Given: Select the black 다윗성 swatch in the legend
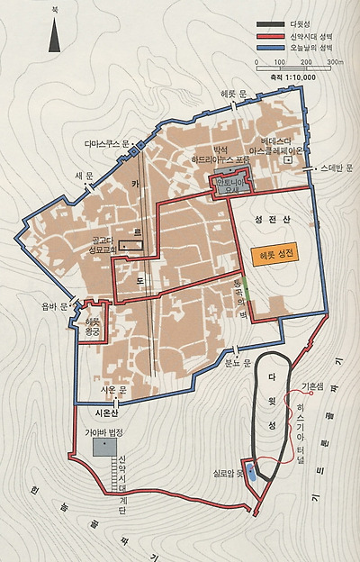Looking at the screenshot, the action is (x=270, y=23).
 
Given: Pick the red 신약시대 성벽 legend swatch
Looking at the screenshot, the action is (x=270, y=35).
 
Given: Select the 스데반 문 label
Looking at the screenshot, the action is (x=338, y=168).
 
